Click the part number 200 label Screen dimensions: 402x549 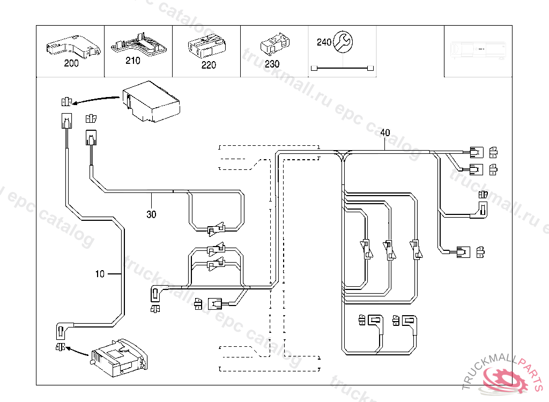[x=71, y=63]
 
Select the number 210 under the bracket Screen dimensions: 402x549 [x=133, y=61]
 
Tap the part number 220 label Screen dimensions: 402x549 [x=209, y=65]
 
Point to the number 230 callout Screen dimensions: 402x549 [x=272, y=64]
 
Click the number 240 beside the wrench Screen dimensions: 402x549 [x=324, y=42]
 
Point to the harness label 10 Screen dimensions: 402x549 [x=100, y=274]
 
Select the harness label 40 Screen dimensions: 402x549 [x=385, y=132]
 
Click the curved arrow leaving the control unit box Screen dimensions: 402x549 [x=97, y=99]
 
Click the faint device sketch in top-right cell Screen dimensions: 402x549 [x=477, y=49]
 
